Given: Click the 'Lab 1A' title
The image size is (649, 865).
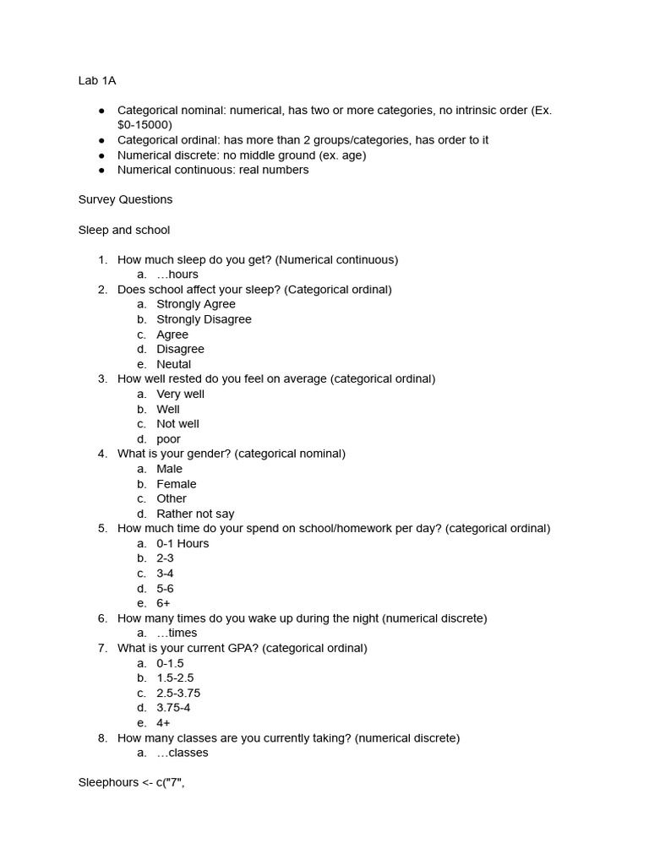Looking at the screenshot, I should [97, 81].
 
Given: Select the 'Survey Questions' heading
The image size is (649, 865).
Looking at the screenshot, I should [125, 200].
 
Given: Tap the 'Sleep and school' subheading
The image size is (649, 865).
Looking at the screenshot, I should [124, 230].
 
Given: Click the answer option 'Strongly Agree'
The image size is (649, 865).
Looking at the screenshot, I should [196, 304].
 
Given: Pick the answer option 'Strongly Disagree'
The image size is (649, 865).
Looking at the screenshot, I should [204, 319].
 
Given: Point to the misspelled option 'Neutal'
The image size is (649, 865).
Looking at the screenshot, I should [174, 364].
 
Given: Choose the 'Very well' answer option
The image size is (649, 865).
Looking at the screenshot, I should [180, 394].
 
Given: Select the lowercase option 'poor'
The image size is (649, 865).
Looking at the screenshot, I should [168, 439].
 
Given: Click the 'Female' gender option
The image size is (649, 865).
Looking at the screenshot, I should [176, 484].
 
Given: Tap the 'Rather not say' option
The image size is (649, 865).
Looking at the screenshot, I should [195, 514].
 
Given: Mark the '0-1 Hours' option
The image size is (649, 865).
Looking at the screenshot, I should [183, 544].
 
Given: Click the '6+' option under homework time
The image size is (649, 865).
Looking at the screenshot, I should [163, 603].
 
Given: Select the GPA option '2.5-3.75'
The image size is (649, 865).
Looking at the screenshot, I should [178, 694].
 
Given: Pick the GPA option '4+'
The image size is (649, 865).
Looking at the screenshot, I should [163, 723].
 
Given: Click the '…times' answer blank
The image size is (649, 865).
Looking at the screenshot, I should [177, 634].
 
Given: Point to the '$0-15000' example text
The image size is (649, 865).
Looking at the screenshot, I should [145, 125].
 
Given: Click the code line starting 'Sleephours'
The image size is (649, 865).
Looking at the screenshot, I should [131, 783].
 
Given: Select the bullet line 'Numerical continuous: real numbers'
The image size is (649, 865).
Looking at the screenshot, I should [213, 170].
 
